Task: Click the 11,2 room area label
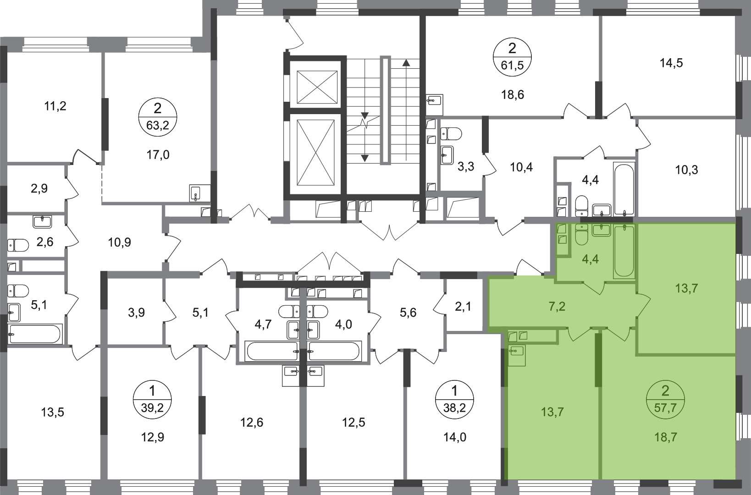pyautogui.click(x=55, y=106)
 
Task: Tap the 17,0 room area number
pyautogui.click(x=158, y=155)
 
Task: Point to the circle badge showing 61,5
pyautogui.click(x=512, y=57)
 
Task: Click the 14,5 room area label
pyautogui.click(x=672, y=63)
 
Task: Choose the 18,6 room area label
pyautogui.click(x=513, y=95)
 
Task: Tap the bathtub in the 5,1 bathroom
pyautogui.click(x=36, y=334)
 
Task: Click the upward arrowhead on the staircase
pyautogui.click(x=406, y=62)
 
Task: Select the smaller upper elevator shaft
pyautogui.click(x=317, y=87)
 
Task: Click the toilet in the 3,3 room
pyautogui.click(x=451, y=133)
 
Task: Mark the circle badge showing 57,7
pyautogui.click(x=666, y=400)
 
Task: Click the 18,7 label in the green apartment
pyautogui.click(x=665, y=437)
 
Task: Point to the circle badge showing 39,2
pyautogui.click(x=153, y=400)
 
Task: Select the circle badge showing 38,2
pyautogui.click(x=455, y=400)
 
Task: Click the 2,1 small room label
pyautogui.click(x=463, y=306)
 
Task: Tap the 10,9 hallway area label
pyautogui.click(x=119, y=242)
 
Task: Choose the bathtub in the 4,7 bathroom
pyautogui.click(x=271, y=351)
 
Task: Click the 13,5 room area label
pyautogui.click(x=53, y=412)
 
